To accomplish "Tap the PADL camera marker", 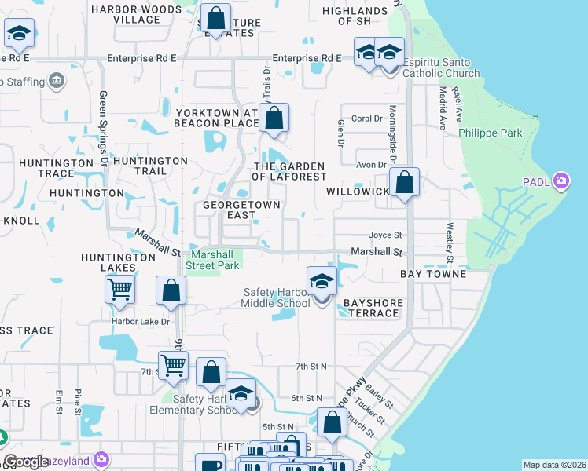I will coord(560,182).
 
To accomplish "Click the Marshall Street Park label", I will coord(212,260).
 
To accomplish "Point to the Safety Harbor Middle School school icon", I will coord(322,282).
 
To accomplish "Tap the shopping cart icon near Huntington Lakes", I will coord(119,290).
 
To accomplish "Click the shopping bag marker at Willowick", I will coord(405,184).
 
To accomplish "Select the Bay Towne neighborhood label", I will coord(433,274).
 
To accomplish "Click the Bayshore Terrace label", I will coord(373,308).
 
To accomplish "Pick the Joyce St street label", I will coord(386,235).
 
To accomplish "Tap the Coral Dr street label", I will coord(366,119).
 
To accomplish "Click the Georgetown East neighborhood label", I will coord(230,209).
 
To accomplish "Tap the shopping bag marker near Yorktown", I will coord(274,119).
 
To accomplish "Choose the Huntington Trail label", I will coord(150,166).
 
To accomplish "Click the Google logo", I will coord(26,462).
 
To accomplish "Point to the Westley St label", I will coord(450,243).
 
